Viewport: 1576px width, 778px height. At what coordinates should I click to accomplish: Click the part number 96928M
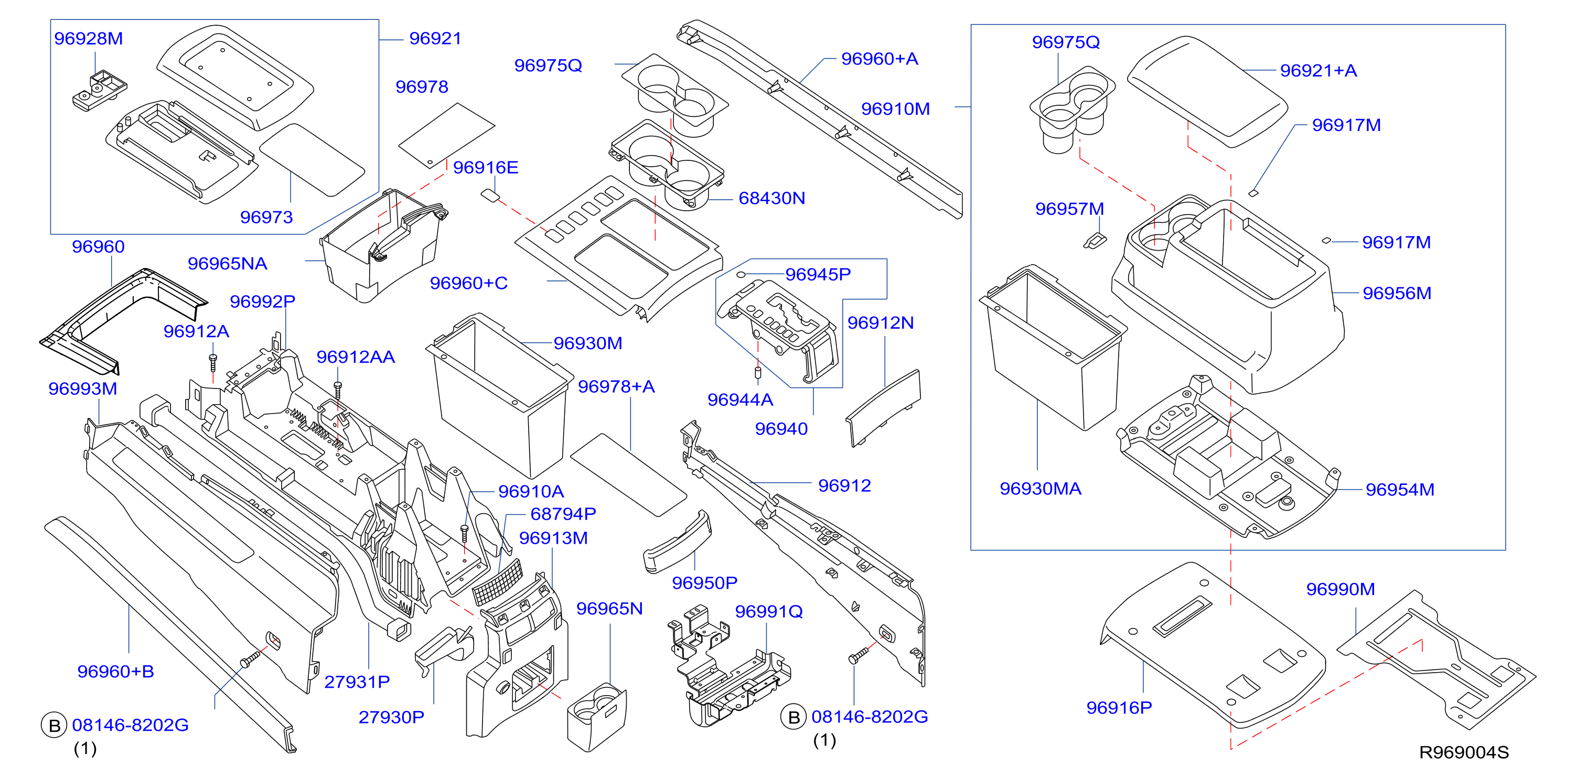tap(89, 39)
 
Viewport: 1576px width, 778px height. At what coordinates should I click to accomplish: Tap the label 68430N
tap(771, 198)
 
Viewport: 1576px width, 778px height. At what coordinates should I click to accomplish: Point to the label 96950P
tap(704, 583)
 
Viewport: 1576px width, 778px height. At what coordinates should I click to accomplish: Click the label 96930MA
tap(1040, 489)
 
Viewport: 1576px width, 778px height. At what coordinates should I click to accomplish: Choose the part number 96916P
tap(1119, 708)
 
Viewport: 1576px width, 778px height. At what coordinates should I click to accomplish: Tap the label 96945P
tap(818, 275)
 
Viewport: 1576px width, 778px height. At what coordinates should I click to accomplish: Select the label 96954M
tap(1400, 489)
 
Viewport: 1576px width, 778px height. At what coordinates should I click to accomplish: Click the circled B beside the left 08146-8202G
tap(54, 726)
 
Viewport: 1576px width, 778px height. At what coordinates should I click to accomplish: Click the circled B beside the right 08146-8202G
tap(794, 717)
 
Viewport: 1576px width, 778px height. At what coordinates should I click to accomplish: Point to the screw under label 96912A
tap(213, 363)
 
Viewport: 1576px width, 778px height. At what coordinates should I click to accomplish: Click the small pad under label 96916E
tap(489, 195)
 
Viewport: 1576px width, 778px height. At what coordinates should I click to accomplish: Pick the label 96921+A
tap(1318, 71)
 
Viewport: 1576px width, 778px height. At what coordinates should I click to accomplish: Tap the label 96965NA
tap(227, 264)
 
